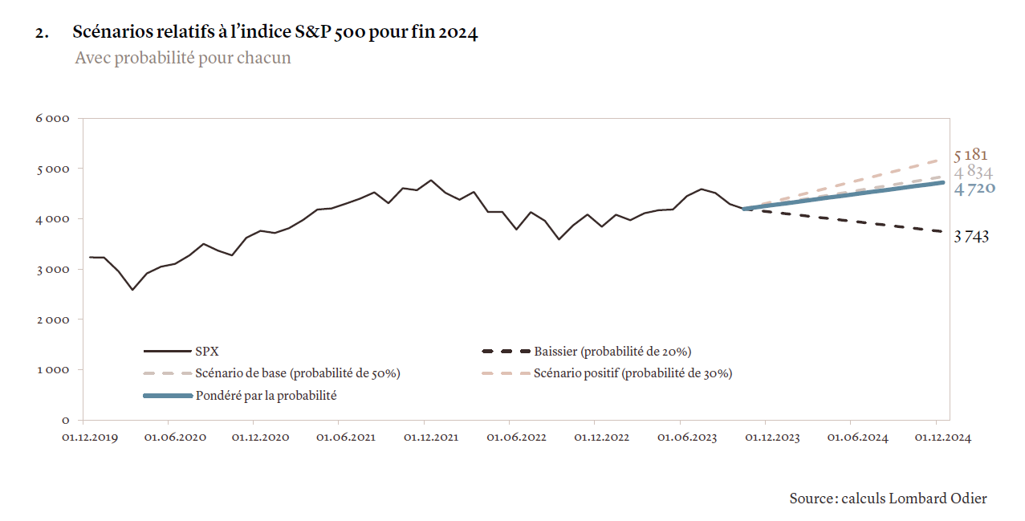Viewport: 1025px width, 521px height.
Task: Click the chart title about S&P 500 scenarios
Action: pos(275,33)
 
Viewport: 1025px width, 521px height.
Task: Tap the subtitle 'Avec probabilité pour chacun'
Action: pos(182,59)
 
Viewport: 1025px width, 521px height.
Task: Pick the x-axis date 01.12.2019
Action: pos(90,438)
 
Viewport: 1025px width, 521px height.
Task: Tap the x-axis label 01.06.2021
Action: pos(345,438)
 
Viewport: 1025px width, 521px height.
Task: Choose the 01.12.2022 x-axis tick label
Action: pos(601,438)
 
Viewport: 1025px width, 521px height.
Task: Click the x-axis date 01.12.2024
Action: pos(943,438)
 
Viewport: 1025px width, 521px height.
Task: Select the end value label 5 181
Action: pos(971,155)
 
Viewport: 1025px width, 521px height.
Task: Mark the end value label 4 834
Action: pos(974,172)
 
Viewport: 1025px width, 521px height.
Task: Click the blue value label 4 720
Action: pos(974,189)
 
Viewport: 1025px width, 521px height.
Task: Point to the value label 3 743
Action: pos(971,237)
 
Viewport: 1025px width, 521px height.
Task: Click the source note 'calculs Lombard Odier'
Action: pos(888,499)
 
